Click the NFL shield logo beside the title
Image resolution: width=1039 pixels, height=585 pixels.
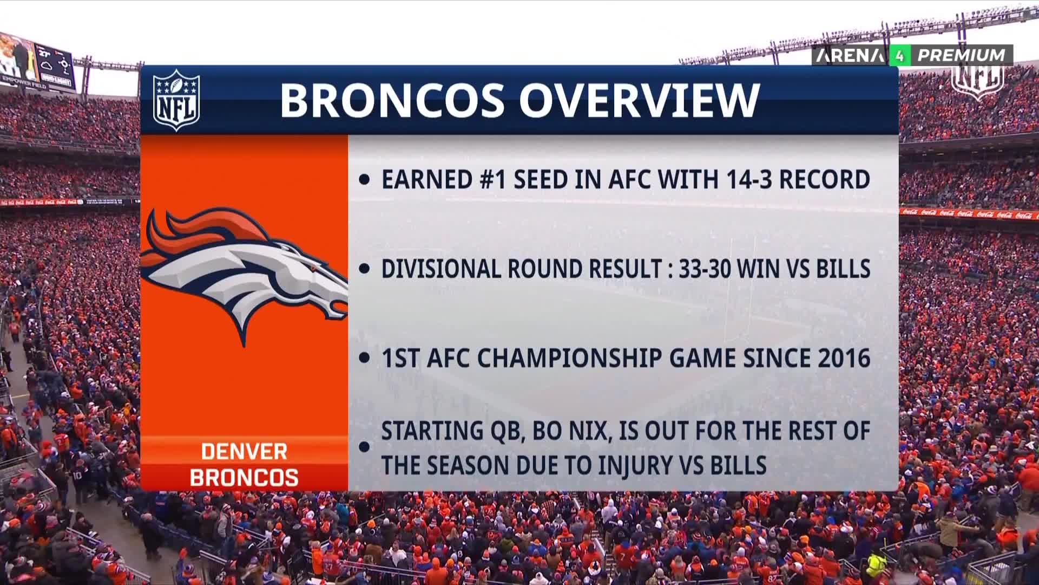(176, 100)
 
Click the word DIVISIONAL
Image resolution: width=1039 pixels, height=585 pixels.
(441, 269)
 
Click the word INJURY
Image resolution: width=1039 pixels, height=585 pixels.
(630, 465)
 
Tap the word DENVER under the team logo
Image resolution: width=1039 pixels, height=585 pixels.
(244, 452)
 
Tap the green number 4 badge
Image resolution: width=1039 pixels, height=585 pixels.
(900, 55)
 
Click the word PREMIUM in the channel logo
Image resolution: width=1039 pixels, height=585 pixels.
(962, 55)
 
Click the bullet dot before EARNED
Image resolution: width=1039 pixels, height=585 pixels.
(365, 180)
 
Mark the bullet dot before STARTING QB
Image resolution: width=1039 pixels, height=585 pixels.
(365, 447)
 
